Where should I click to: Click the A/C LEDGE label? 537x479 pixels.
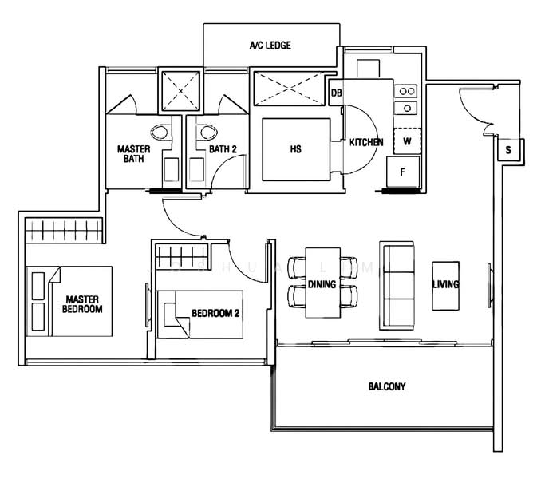pyautogui.click(x=270, y=46)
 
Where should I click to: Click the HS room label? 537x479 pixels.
pyautogui.click(x=295, y=149)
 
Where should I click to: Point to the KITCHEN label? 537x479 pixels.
pyautogui.click(x=366, y=143)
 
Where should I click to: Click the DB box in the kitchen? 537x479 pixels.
pyautogui.click(x=337, y=93)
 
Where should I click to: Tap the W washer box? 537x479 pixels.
pyautogui.click(x=406, y=141)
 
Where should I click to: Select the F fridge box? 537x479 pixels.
pyautogui.click(x=403, y=172)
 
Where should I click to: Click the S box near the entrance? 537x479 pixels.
pyautogui.click(x=507, y=149)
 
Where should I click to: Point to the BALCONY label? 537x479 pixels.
pyautogui.click(x=387, y=386)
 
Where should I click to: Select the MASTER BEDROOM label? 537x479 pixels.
pyautogui.click(x=84, y=304)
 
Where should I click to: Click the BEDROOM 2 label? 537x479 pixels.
pyautogui.click(x=215, y=314)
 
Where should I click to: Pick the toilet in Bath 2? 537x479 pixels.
pyautogui.click(x=210, y=133)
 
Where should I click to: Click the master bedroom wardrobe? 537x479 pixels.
pyautogui.click(x=64, y=232)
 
